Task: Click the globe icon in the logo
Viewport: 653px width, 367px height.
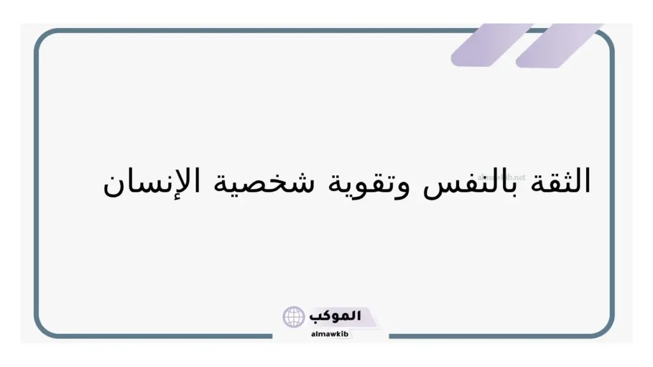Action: click(x=293, y=317)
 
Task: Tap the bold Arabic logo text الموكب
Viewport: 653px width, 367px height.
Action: click(x=334, y=316)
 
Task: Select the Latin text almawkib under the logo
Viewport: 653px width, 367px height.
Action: click(x=330, y=333)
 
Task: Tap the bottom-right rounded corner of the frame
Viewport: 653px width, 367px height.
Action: click(x=606, y=327)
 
